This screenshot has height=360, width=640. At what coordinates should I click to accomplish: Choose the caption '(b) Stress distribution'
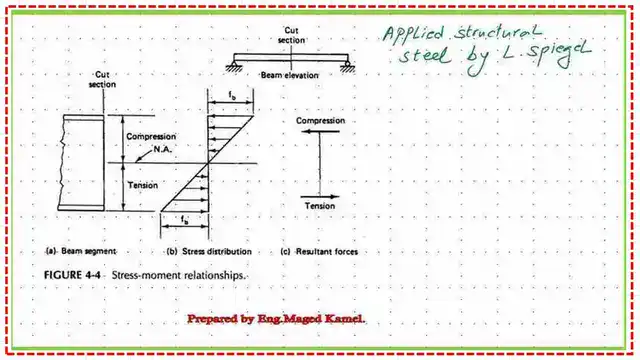209,251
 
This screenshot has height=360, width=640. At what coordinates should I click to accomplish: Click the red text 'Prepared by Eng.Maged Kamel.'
277,318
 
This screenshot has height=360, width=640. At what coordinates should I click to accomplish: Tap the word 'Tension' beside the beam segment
142,183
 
